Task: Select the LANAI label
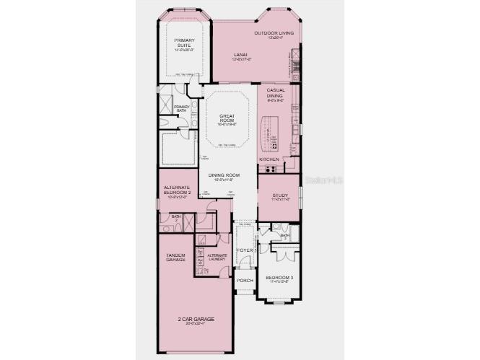pos(241,55)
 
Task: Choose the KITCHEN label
pos(269,159)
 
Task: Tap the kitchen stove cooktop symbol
pos(271,170)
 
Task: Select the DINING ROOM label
pos(224,175)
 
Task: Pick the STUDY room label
pos(280,196)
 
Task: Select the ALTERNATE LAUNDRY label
pos(217,257)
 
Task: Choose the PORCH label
pos(245,280)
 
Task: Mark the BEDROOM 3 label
pos(279,278)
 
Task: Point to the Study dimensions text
pos(280,200)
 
